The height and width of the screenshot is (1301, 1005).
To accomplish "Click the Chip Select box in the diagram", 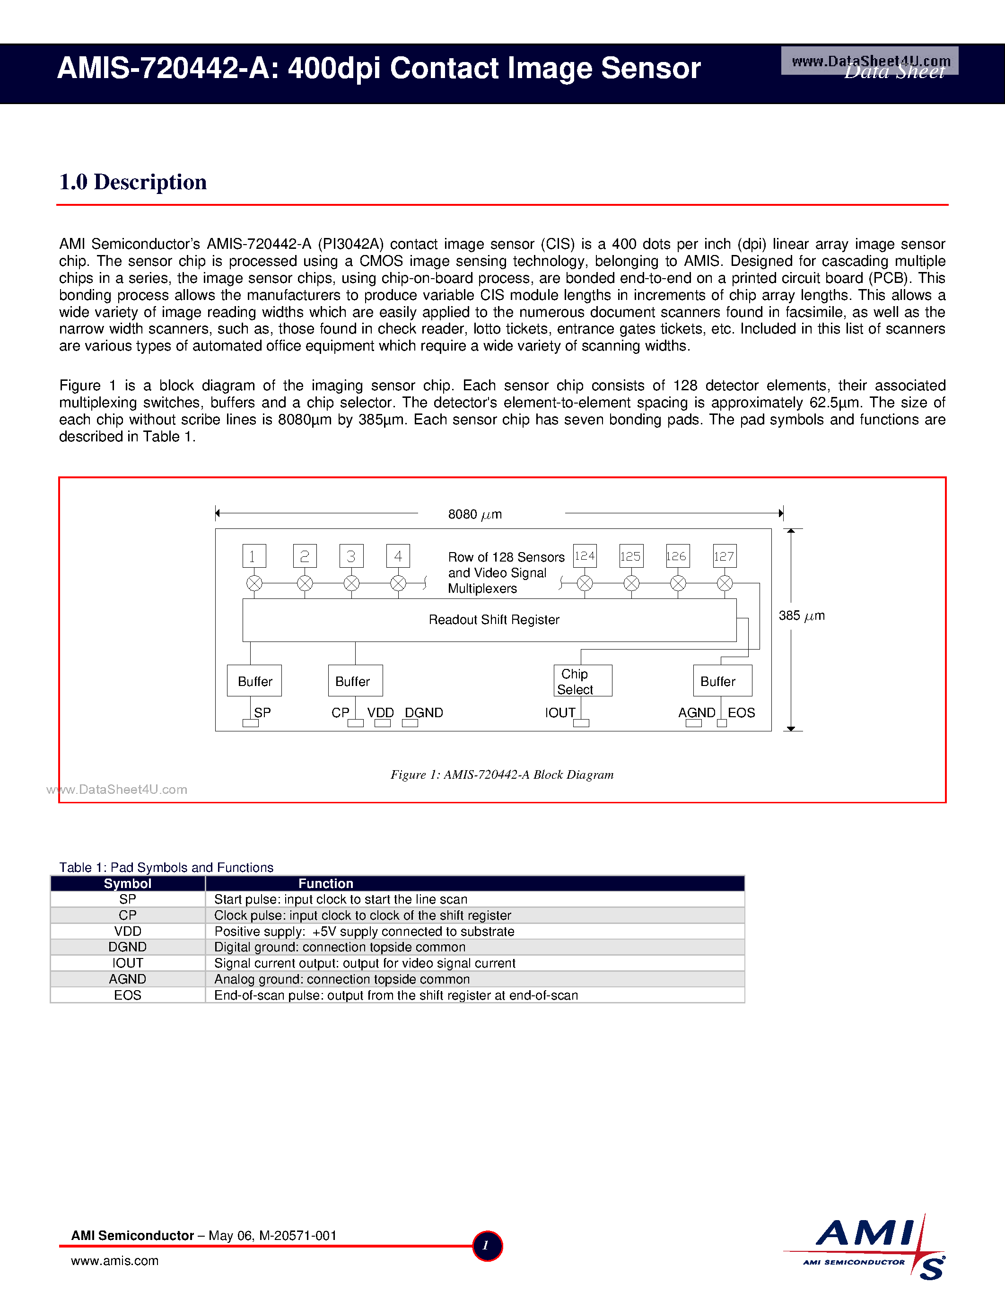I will pos(582,680).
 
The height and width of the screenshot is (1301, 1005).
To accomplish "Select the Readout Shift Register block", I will pos(489,620).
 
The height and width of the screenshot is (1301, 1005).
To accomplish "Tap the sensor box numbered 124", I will pos(585,556).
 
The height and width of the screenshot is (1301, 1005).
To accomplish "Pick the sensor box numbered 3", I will pos(351,556).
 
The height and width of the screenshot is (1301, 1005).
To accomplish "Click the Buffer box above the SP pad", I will pos(254,680).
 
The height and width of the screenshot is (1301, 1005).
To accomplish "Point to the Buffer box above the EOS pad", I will pos(722,680).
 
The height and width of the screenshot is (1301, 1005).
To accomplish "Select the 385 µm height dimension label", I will pos(801,615).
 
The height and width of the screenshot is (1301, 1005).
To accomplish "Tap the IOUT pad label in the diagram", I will pos(559,712).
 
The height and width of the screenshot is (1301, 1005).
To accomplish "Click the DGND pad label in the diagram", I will pos(424,712).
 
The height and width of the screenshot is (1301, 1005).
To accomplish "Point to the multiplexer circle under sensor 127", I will pos(725,583).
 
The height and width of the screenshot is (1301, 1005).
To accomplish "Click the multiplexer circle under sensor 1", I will pos(254,583).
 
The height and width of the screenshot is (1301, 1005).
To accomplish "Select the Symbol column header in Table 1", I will pos(127,883).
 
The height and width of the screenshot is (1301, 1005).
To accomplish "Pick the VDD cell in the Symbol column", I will pos(127,931).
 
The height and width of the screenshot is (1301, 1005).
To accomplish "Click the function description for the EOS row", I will pos(396,995).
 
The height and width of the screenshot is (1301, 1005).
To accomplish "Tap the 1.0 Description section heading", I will pos(133,182).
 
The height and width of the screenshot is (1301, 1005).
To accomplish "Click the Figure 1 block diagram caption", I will pos(502,774).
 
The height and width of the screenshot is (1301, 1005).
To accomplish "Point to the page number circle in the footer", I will pos(487,1246).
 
